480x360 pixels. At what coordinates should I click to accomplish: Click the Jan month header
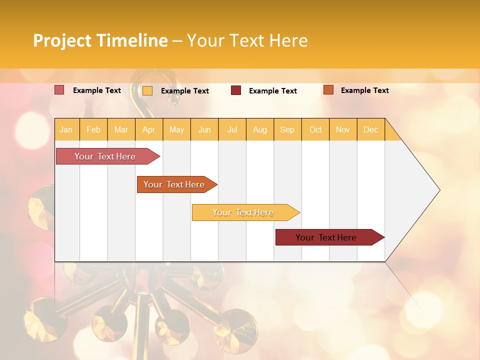pos(66,130)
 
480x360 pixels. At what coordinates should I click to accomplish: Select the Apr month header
pos(149,130)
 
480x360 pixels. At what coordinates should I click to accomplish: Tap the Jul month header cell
pos(232,130)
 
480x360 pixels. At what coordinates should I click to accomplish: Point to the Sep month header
pos(287,130)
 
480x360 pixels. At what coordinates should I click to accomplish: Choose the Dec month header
pos(370,130)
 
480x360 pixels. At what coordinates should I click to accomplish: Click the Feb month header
pos(93,130)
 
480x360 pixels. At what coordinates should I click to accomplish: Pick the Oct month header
pos(315,130)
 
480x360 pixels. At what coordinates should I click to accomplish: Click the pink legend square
pos(59,90)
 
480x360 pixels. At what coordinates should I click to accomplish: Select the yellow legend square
pos(147,90)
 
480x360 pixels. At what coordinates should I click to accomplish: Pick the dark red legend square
pos(236,90)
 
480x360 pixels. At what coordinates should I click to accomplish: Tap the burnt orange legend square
pos(328,90)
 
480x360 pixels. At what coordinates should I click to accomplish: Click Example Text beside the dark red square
pos(272,91)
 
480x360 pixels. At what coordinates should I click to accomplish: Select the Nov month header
pos(343,130)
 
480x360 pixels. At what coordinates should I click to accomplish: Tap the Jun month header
pos(204,130)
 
